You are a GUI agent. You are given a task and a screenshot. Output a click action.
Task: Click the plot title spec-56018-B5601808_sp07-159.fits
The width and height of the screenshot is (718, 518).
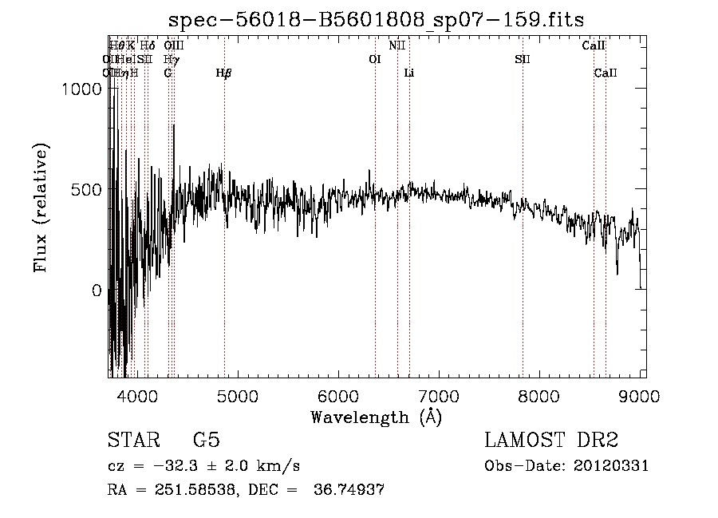[x=377, y=20]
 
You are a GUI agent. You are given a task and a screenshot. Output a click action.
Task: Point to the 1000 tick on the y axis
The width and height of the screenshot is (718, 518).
[x=84, y=89]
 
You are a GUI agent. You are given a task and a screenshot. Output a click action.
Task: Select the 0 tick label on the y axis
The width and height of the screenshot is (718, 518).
[x=96, y=291]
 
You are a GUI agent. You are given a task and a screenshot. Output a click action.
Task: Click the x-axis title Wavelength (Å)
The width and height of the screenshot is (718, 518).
[x=376, y=417]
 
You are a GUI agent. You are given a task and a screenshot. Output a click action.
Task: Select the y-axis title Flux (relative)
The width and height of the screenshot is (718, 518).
[x=41, y=208]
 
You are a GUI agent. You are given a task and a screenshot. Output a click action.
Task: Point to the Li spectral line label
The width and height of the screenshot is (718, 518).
[x=409, y=73]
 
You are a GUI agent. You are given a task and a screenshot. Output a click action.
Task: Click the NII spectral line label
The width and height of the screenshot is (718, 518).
[x=397, y=45]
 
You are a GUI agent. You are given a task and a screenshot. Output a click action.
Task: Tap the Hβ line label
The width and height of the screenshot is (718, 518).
[x=224, y=73]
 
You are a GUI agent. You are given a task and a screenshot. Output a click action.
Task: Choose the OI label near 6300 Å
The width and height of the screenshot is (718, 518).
[x=375, y=59]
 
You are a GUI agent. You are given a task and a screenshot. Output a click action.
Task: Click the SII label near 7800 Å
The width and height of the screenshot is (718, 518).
[x=523, y=59]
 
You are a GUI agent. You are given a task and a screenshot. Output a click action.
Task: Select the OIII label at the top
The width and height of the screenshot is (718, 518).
[x=174, y=45]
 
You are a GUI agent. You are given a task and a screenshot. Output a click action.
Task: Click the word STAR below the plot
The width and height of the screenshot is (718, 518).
[x=132, y=441]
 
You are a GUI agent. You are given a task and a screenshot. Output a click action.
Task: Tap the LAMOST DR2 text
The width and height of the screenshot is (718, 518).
[x=551, y=441]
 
